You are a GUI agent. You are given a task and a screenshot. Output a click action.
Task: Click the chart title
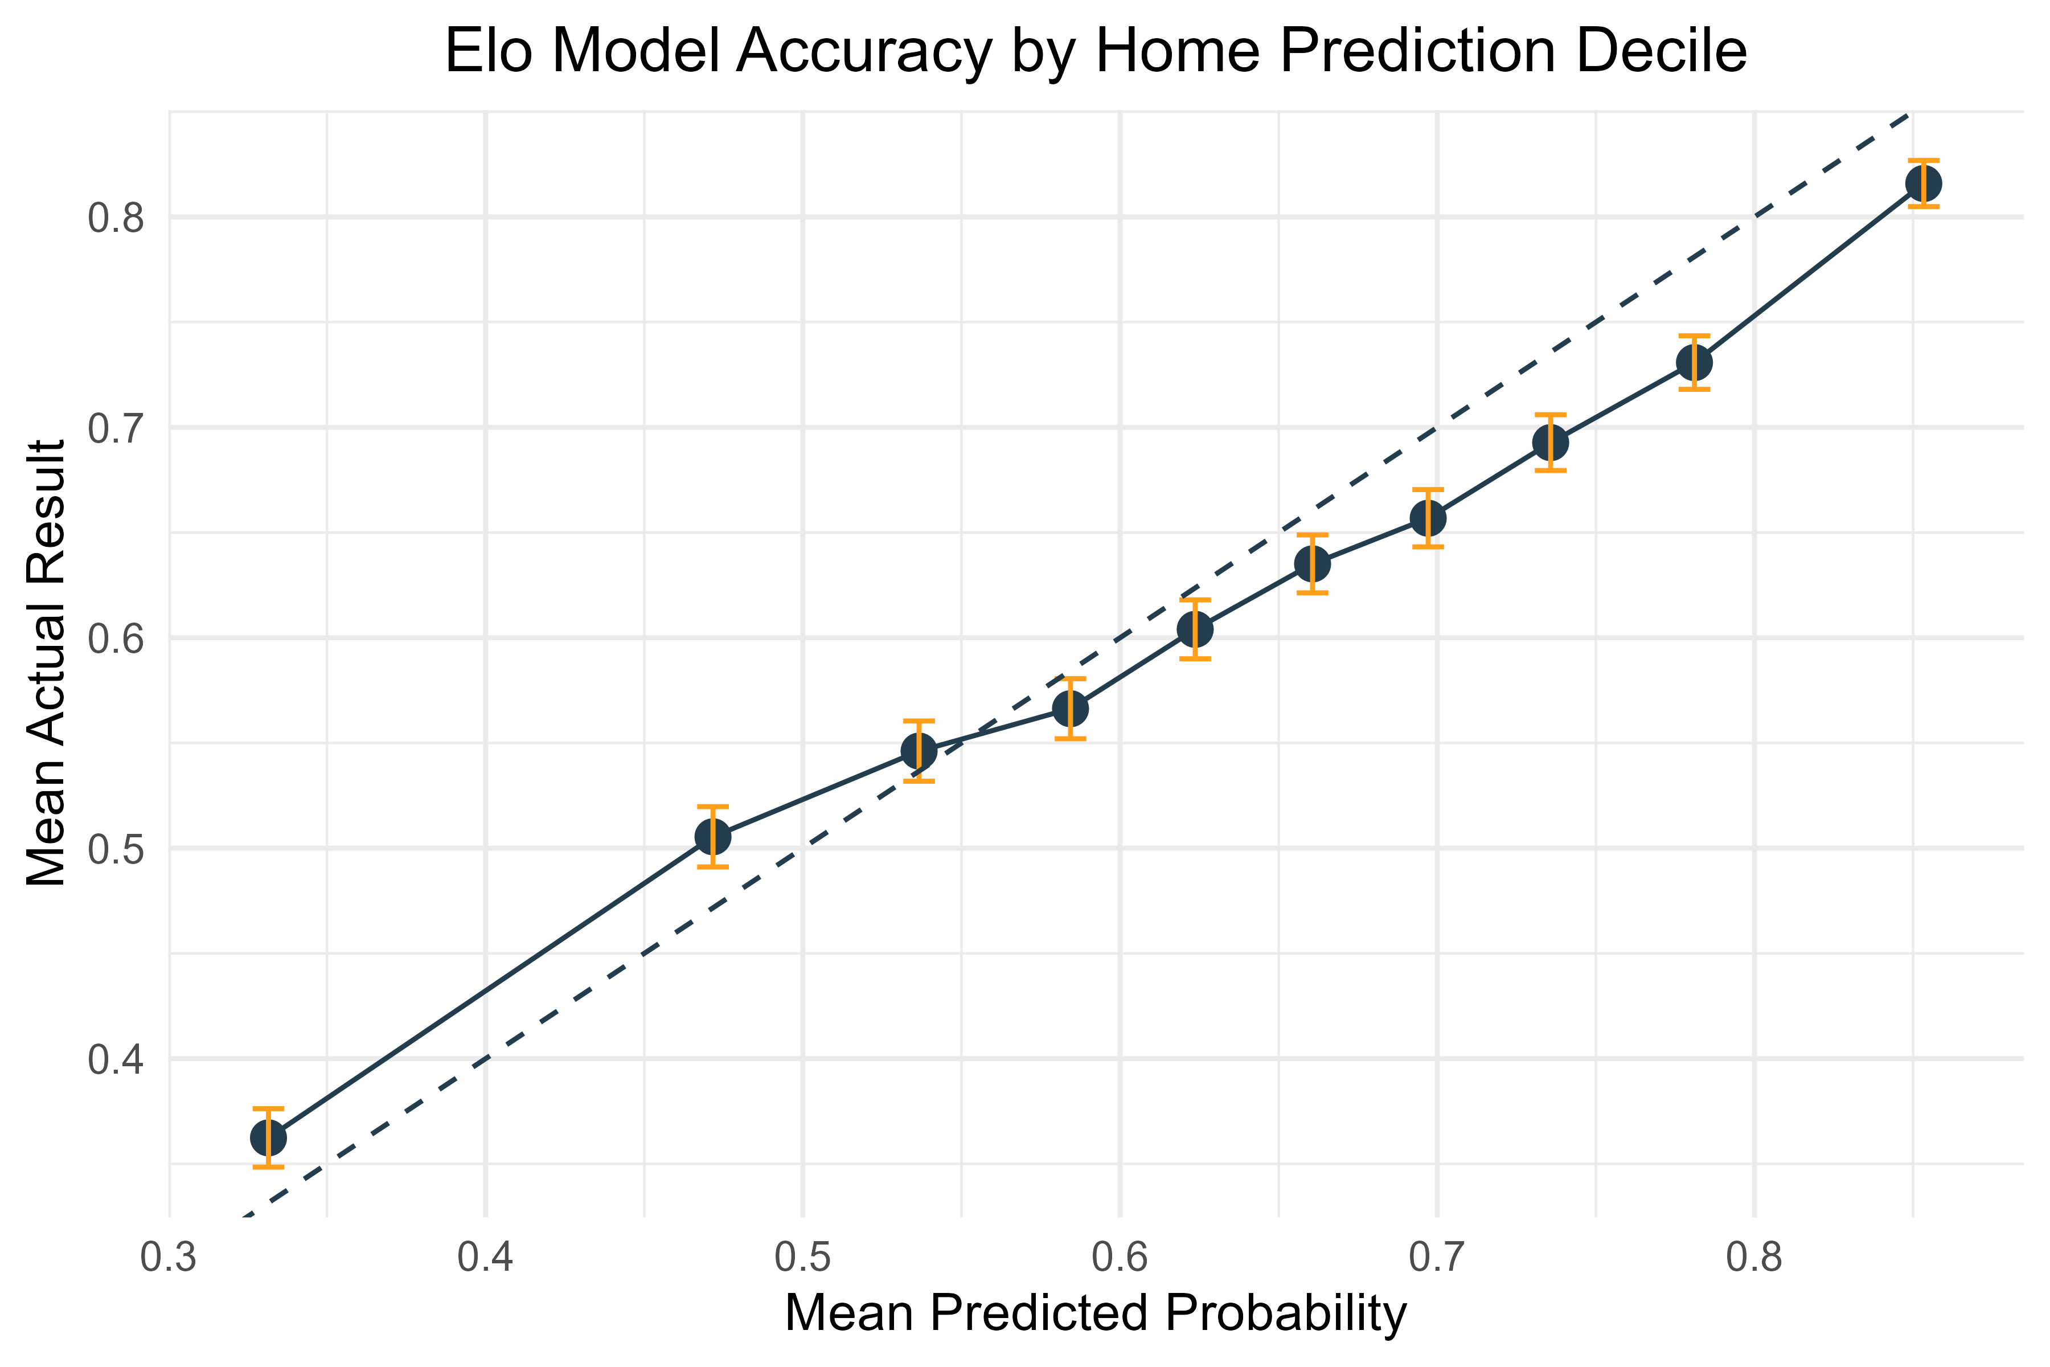pyautogui.click(x=1096, y=52)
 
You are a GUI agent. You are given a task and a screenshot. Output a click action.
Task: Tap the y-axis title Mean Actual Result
pyautogui.click(x=46, y=662)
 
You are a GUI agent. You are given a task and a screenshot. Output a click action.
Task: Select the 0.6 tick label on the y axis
pyautogui.click(x=117, y=638)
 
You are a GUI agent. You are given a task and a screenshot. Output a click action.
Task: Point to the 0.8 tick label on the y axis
pyautogui.click(x=117, y=217)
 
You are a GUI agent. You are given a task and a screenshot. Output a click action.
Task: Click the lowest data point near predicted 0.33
pyautogui.click(x=268, y=1137)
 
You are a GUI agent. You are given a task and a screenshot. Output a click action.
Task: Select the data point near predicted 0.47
pyautogui.click(x=713, y=837)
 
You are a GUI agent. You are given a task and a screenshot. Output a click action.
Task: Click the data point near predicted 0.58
pyautogui.click(x=1071, y=709)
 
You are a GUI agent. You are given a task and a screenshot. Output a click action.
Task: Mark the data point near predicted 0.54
pyautogui.click(x=919, y=751)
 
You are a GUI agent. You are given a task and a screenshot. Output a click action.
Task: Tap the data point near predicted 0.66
pyautogui.click(x=1313, y=564)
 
